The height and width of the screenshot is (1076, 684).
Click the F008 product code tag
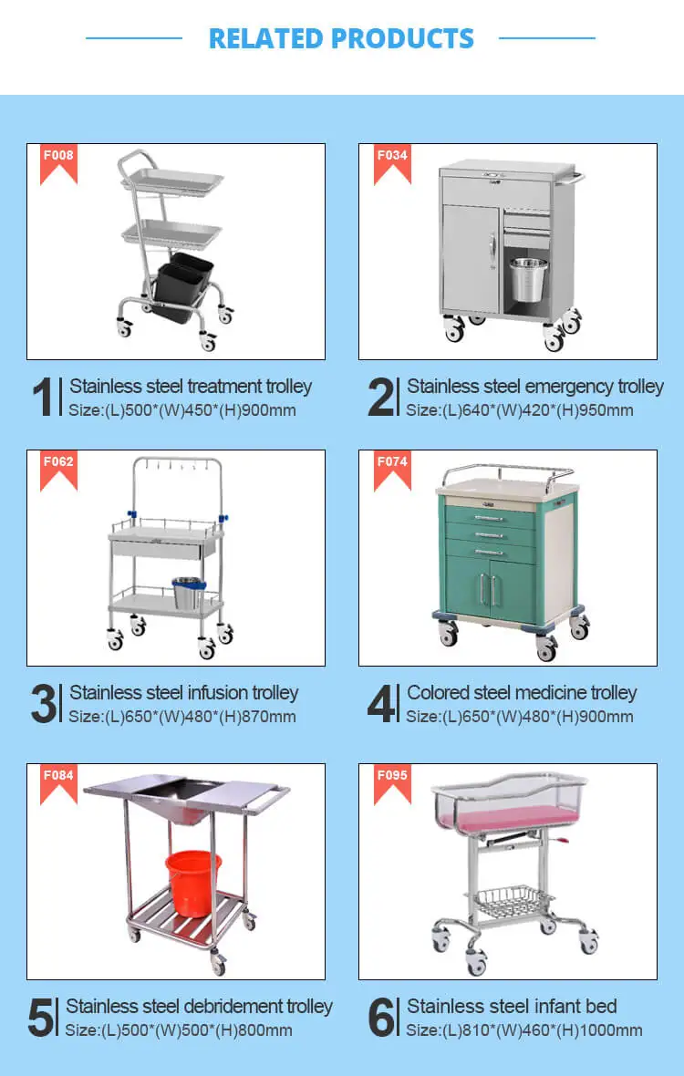pyautogui.click(x=58, y=163)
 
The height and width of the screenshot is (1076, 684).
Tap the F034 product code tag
pyautogui.click(x=392, y=163)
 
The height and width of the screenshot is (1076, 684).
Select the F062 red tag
pyautogui.click(x=58, y=470)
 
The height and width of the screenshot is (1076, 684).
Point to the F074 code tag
pyautogui.click(x=392, y=470)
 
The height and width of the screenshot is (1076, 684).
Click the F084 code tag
pyautogui.click(x=58, y=783)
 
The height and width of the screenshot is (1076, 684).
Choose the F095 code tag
pyautogui.click(x=392, y=783)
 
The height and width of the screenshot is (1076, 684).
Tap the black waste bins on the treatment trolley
pyautogui.click(x=181, y=287)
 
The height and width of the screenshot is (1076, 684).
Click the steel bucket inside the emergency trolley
pyautogui.click(x=528, y=279)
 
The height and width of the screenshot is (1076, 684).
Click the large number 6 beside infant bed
pyautogui.click(x=381, y=1017)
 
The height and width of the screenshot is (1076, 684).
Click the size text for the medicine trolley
pyautogui.click(x=519, y=717)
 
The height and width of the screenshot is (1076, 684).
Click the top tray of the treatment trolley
pyautogui.click(x=172, y=181)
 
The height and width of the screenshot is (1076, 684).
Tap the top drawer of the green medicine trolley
pyautogui.click(x=490, y=517)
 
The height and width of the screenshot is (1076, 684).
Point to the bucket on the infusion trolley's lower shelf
pyautogui.click(x=188, y=593)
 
